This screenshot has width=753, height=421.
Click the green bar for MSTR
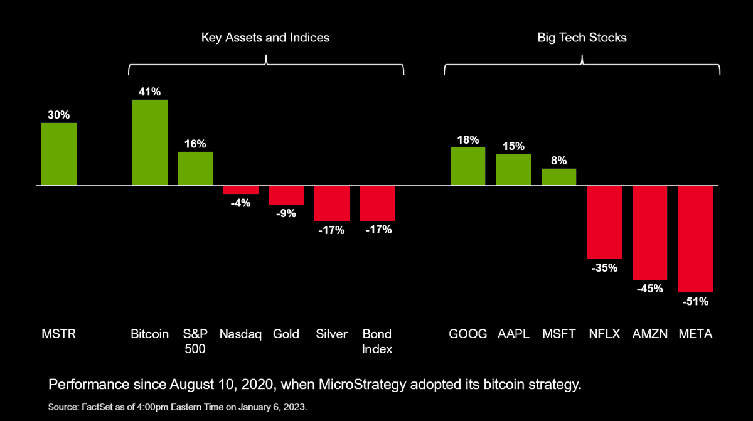tap(59, 154)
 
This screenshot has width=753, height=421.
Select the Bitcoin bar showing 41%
tap(149, 142)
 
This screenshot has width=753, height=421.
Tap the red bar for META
tap(696, 239)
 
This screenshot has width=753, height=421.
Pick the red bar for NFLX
tap(604, 222)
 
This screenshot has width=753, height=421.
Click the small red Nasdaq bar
tap(240, 190)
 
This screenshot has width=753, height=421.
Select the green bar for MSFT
tap(558, 177)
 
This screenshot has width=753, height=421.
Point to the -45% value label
tap(649, 289)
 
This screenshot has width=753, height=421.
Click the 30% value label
tap(59, 115)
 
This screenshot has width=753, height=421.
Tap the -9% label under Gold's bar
tap(286, 213)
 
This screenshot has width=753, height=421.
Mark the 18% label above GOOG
tap(467, 139)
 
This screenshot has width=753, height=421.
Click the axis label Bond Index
tap(377, 341)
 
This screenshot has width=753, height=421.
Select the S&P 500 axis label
tap(195, 341)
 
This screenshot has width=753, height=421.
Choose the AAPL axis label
tap(513, 334)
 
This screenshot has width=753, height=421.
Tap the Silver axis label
tap(331, 334)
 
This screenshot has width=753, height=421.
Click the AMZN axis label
tap(649, 334)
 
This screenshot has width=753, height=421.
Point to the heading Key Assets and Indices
tap(265, 38)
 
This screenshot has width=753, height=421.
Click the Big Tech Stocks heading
tap(582, 38)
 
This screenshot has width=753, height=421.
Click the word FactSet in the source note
tap(93, 407)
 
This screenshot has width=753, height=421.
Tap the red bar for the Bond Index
tap(377, 203)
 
